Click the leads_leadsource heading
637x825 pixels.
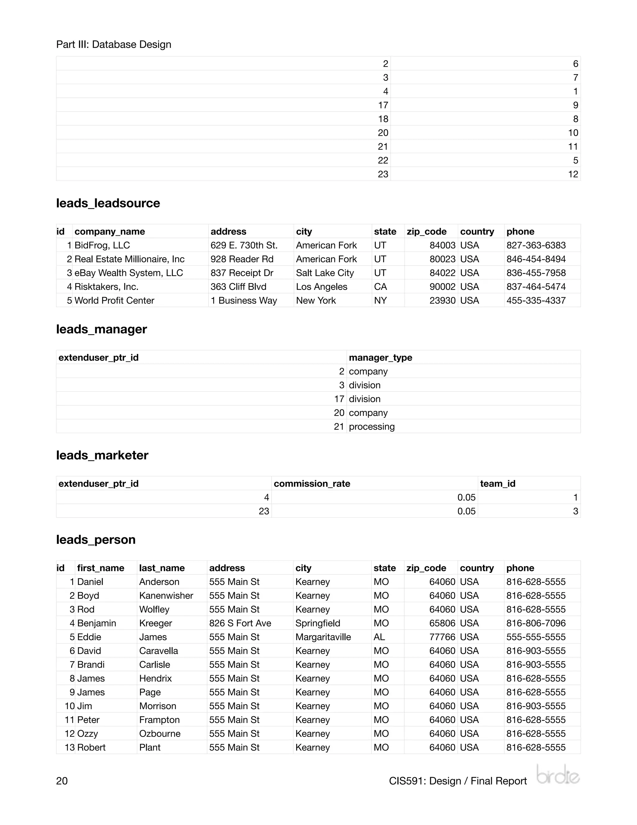click(x=108, y=203)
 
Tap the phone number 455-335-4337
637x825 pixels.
click(x=536, y=300)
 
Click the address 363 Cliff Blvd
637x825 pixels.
click(x=238, y=287)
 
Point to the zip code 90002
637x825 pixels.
click(x=442, y=287)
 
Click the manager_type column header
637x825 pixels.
click(x=380, y=357)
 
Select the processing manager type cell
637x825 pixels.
click(x=371, y=427)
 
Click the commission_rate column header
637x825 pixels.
click(x=312, y=483)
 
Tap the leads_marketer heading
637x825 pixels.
click(x=102, y=455)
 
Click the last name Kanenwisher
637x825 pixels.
click(x=166, y=596)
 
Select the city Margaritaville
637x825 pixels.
click(x=323, y=637)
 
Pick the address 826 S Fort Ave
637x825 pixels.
click(x=240, y=623)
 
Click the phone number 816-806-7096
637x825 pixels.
click(x=536, y=623)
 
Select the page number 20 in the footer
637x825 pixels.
click(x=62, y=781)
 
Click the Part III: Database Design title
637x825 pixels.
click(x=114, y=45)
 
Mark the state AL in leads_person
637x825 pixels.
click(x=379, y=637)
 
